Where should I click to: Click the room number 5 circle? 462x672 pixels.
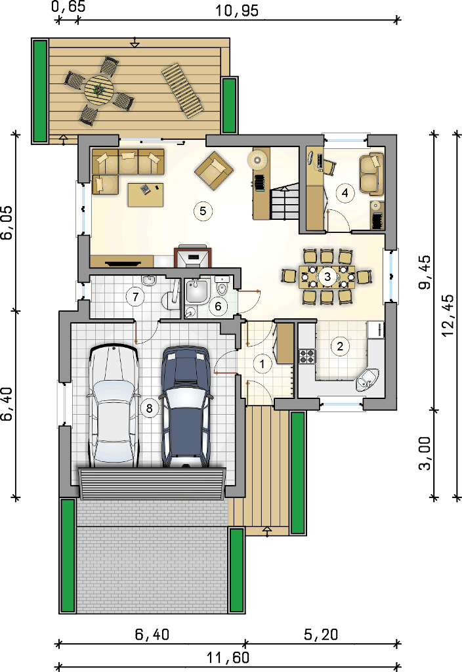coord(203,211)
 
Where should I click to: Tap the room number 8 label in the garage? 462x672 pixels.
coord(149,408)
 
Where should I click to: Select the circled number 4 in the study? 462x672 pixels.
coord(345,193)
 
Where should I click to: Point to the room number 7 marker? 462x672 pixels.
coord(135,297)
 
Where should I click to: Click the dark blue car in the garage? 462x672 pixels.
coord(186,406)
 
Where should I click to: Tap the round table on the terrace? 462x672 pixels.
coord(99,90)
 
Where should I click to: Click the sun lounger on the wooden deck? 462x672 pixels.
coord(182,91)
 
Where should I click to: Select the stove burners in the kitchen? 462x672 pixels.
coord(307,356)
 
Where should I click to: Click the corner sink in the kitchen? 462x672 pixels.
coord(367,379)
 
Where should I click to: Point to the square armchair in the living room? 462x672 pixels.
coord(214,170)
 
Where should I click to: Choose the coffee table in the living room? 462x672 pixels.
coord(145,194)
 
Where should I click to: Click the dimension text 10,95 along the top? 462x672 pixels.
coord(236,10)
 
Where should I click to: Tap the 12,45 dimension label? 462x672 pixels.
coord(447,316)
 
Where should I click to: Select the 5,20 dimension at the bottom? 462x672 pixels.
coord(321,634)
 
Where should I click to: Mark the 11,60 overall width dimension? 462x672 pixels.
coord(228,657)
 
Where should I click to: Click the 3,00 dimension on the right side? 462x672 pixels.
coord(425,453)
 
